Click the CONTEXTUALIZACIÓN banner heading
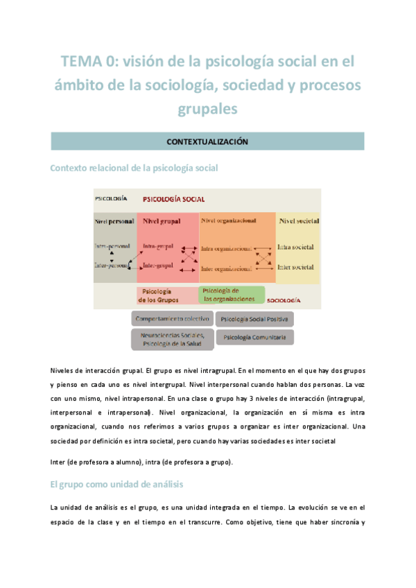pos(207,141)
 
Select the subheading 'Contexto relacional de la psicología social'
pos(135,168)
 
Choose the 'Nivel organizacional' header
pos(228,221)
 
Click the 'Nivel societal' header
pos(299,221)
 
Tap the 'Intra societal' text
pos(295,247)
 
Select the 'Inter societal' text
pos(295,267)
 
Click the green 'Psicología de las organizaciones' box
pos(232,295)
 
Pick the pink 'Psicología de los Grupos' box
pos(167,296)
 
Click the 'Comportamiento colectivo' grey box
pos(172,318)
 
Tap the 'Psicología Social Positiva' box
pos(254,320)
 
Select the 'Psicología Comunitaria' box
pos(254,338)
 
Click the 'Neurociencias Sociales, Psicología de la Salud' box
pos(172,339)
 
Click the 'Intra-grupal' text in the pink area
pos(158,247)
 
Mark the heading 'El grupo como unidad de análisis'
pos(116,484)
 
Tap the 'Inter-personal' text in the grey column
pos(112,266)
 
